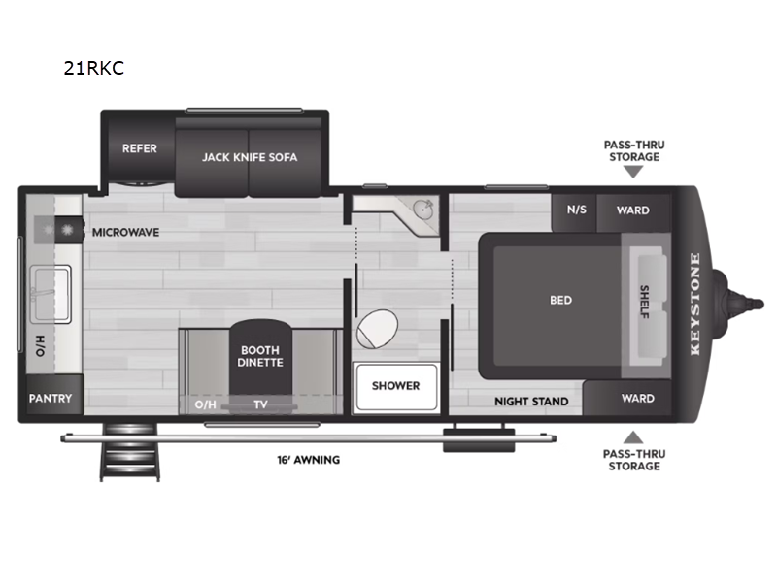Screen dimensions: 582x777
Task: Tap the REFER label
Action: pos(139,149)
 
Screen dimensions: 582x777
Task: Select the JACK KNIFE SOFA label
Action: pos(250,157)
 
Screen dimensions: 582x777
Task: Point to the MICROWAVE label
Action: pos(125,233)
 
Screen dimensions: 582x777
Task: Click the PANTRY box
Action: pos(51,399)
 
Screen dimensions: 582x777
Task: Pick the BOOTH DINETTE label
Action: pos(259,356)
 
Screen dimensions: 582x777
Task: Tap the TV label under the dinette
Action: pos(260,404)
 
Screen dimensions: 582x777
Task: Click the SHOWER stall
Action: pos(396,386)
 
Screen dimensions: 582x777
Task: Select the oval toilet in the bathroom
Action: pos(377,330)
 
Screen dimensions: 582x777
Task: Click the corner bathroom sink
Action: pos(422,210)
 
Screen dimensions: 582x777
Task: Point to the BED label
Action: pos(560,300)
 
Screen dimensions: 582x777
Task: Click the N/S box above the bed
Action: pos(576,210)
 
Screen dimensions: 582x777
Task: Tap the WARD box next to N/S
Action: pos(633,210)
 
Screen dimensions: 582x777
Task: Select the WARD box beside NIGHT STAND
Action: pos(637,399)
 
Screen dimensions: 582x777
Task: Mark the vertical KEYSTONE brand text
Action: pos(694,305)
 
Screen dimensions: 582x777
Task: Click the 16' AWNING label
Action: pos(307,460)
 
